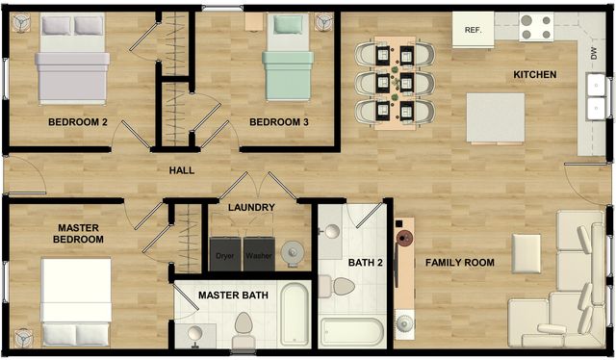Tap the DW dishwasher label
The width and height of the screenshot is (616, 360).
point(593,57)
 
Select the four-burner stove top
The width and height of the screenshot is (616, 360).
point(536,27)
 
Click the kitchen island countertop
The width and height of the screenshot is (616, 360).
point(496,117)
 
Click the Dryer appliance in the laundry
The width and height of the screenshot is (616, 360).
point(225,253)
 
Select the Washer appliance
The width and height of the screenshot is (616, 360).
point(258,253)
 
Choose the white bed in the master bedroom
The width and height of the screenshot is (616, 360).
point(76,301)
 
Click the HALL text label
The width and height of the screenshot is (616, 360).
point(182,170)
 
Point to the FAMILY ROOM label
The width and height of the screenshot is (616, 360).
point(460,262)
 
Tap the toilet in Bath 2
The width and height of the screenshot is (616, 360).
point(343,286)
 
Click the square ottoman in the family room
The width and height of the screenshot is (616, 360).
point(526,252)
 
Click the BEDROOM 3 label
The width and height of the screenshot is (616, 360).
point(279,122)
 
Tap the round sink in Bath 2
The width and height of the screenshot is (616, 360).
point(330,232)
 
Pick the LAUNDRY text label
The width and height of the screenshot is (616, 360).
point(252,207)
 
